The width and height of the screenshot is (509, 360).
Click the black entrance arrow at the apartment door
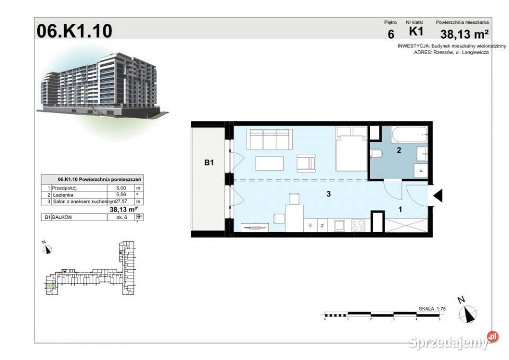point(437,196)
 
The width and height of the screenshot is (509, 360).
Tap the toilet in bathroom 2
point(377,154)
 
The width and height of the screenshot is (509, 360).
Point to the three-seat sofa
point(270,139)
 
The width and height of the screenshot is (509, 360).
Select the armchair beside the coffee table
point(306,162)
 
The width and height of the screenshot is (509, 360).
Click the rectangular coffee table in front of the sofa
point(273,163)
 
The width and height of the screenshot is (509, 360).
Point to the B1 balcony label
point(209,163)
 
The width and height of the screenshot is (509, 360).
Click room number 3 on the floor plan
point(329,194)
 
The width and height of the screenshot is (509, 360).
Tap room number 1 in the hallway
point(400,210)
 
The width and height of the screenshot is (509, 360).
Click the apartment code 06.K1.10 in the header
point(74,31)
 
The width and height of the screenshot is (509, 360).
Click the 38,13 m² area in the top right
point(464,35)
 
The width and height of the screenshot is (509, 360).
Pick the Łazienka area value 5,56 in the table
point(114,195)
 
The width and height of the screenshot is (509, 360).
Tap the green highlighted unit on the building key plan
point(49,286)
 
